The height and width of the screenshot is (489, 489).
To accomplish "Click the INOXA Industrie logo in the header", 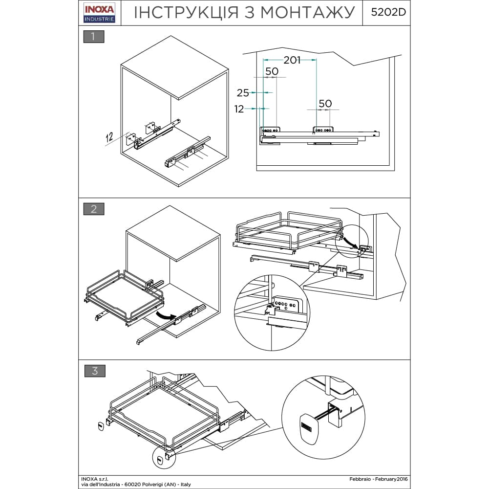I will pos(99,13).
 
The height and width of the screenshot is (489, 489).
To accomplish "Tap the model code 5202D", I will pos(388,13).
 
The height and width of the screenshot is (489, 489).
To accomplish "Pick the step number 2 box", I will pos(94,209).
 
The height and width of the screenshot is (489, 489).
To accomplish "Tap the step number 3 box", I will pos(94,371).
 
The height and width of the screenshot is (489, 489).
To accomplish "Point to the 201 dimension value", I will pos(292,60).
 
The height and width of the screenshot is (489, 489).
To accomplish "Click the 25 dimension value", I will pos(243,93).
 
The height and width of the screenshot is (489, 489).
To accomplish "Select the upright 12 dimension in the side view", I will pos(239,109).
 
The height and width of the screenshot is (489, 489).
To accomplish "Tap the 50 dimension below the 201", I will pos(272,71).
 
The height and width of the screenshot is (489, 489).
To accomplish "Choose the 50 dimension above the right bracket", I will pos(325,104).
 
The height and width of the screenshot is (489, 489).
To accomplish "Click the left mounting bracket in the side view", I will pos(270,131).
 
